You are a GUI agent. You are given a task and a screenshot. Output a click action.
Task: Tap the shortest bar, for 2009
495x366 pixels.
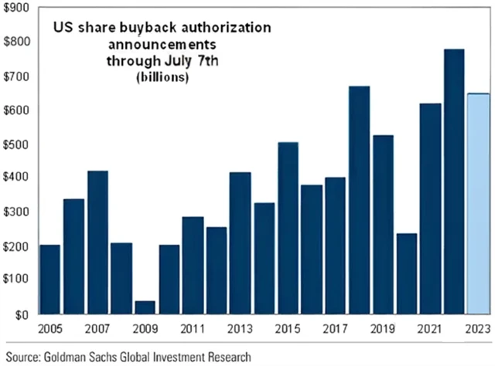[145, 307]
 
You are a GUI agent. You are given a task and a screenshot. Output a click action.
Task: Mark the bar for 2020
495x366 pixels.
[407, 274]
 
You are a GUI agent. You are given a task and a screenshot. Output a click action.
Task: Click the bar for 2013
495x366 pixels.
[241, 243]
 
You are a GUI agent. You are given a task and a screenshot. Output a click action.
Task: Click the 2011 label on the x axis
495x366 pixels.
[193, 330]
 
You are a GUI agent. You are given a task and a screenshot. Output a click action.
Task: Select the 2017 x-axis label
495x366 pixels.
[336, 330]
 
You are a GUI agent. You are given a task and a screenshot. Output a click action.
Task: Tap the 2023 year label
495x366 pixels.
[478, 330]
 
